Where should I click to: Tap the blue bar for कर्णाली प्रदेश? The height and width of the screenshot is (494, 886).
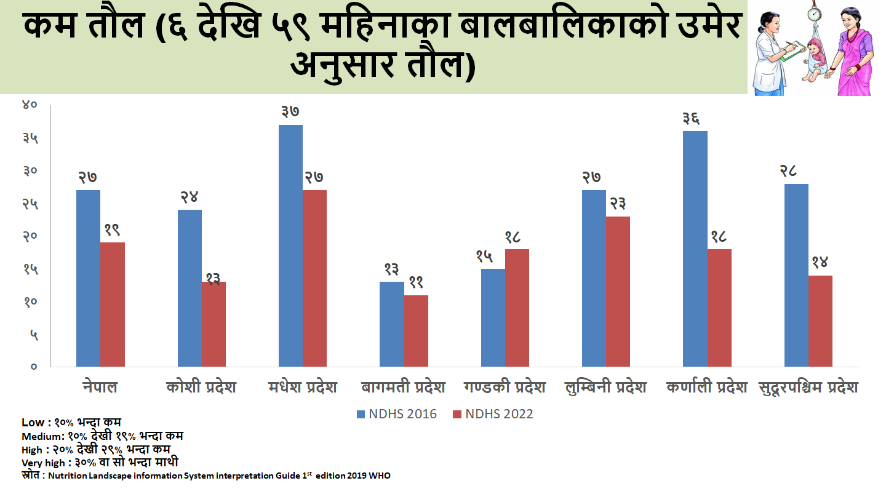[x=695, y=249]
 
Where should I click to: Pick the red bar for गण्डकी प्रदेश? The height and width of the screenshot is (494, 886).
[x=517, y=308]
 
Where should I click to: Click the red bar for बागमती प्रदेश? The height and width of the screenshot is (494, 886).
[x=416, y=331]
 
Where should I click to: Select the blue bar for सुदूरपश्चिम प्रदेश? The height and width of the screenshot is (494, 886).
[x=796, y=275]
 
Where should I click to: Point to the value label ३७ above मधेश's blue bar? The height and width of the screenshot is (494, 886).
[x=290, y=112]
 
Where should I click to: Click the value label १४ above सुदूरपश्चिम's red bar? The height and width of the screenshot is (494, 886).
[x=820, y=263]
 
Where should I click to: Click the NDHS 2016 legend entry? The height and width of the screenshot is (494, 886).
[x=397, y=414]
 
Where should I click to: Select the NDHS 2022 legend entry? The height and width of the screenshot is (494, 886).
[x=493, y=414]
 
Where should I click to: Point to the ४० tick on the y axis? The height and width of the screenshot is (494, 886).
[x=30, y=105]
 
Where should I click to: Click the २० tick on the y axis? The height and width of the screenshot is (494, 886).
[x=30, y=236]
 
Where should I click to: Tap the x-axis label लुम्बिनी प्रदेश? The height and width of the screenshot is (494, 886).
[x=605, y=388]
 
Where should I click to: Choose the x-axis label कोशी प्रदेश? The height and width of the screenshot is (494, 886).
[x=201, y=388]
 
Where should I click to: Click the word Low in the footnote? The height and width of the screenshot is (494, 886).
[x=31, y=423]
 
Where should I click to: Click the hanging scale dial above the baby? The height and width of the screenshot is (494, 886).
[x=815, y=12]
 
